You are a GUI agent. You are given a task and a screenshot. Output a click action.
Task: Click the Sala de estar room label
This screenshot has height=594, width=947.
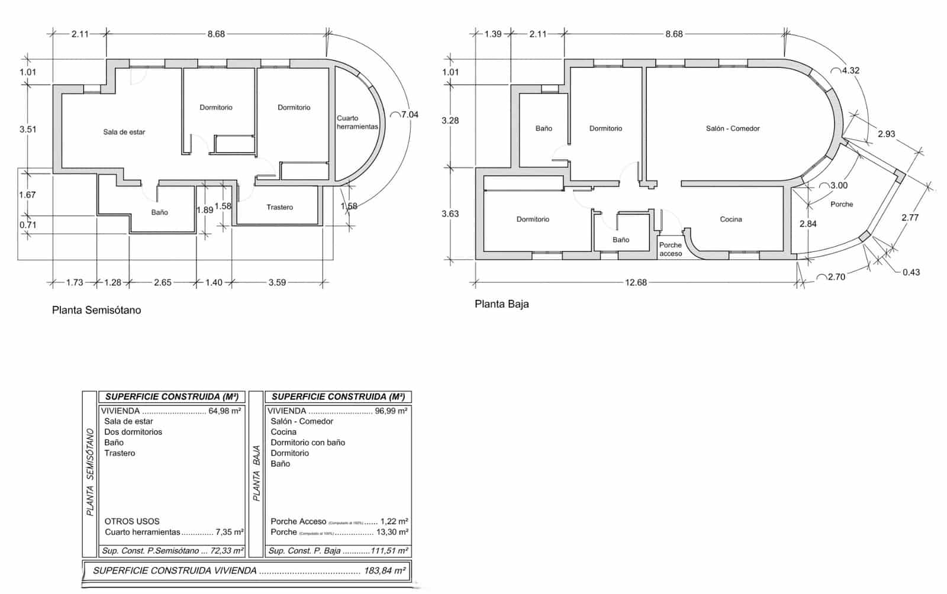124,132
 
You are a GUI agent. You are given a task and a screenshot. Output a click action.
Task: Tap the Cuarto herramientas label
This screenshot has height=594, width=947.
357,122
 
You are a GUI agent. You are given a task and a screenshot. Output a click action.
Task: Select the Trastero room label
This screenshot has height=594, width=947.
279,207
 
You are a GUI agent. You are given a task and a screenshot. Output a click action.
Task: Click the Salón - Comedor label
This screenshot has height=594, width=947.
732,128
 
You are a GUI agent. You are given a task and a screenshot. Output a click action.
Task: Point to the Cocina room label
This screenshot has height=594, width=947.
730,219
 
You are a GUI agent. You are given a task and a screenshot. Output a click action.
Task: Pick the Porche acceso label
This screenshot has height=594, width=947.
671,249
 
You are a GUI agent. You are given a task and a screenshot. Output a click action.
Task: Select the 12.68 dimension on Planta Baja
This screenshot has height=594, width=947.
636,283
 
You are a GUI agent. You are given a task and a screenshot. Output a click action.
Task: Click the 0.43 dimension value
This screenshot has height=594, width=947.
911,272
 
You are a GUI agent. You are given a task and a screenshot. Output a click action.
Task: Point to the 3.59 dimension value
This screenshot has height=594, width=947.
277,283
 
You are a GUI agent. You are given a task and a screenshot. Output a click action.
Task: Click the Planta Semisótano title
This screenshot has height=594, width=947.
96,310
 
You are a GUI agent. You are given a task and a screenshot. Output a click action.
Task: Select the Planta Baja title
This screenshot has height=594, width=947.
501,304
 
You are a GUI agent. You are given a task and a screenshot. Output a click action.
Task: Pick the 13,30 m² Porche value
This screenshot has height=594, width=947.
392,532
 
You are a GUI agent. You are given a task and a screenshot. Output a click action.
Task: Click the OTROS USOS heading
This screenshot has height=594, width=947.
132,521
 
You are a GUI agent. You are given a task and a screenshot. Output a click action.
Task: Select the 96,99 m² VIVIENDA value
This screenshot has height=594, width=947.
391,411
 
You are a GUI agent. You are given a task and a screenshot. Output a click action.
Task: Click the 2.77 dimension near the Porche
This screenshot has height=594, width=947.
910,218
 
